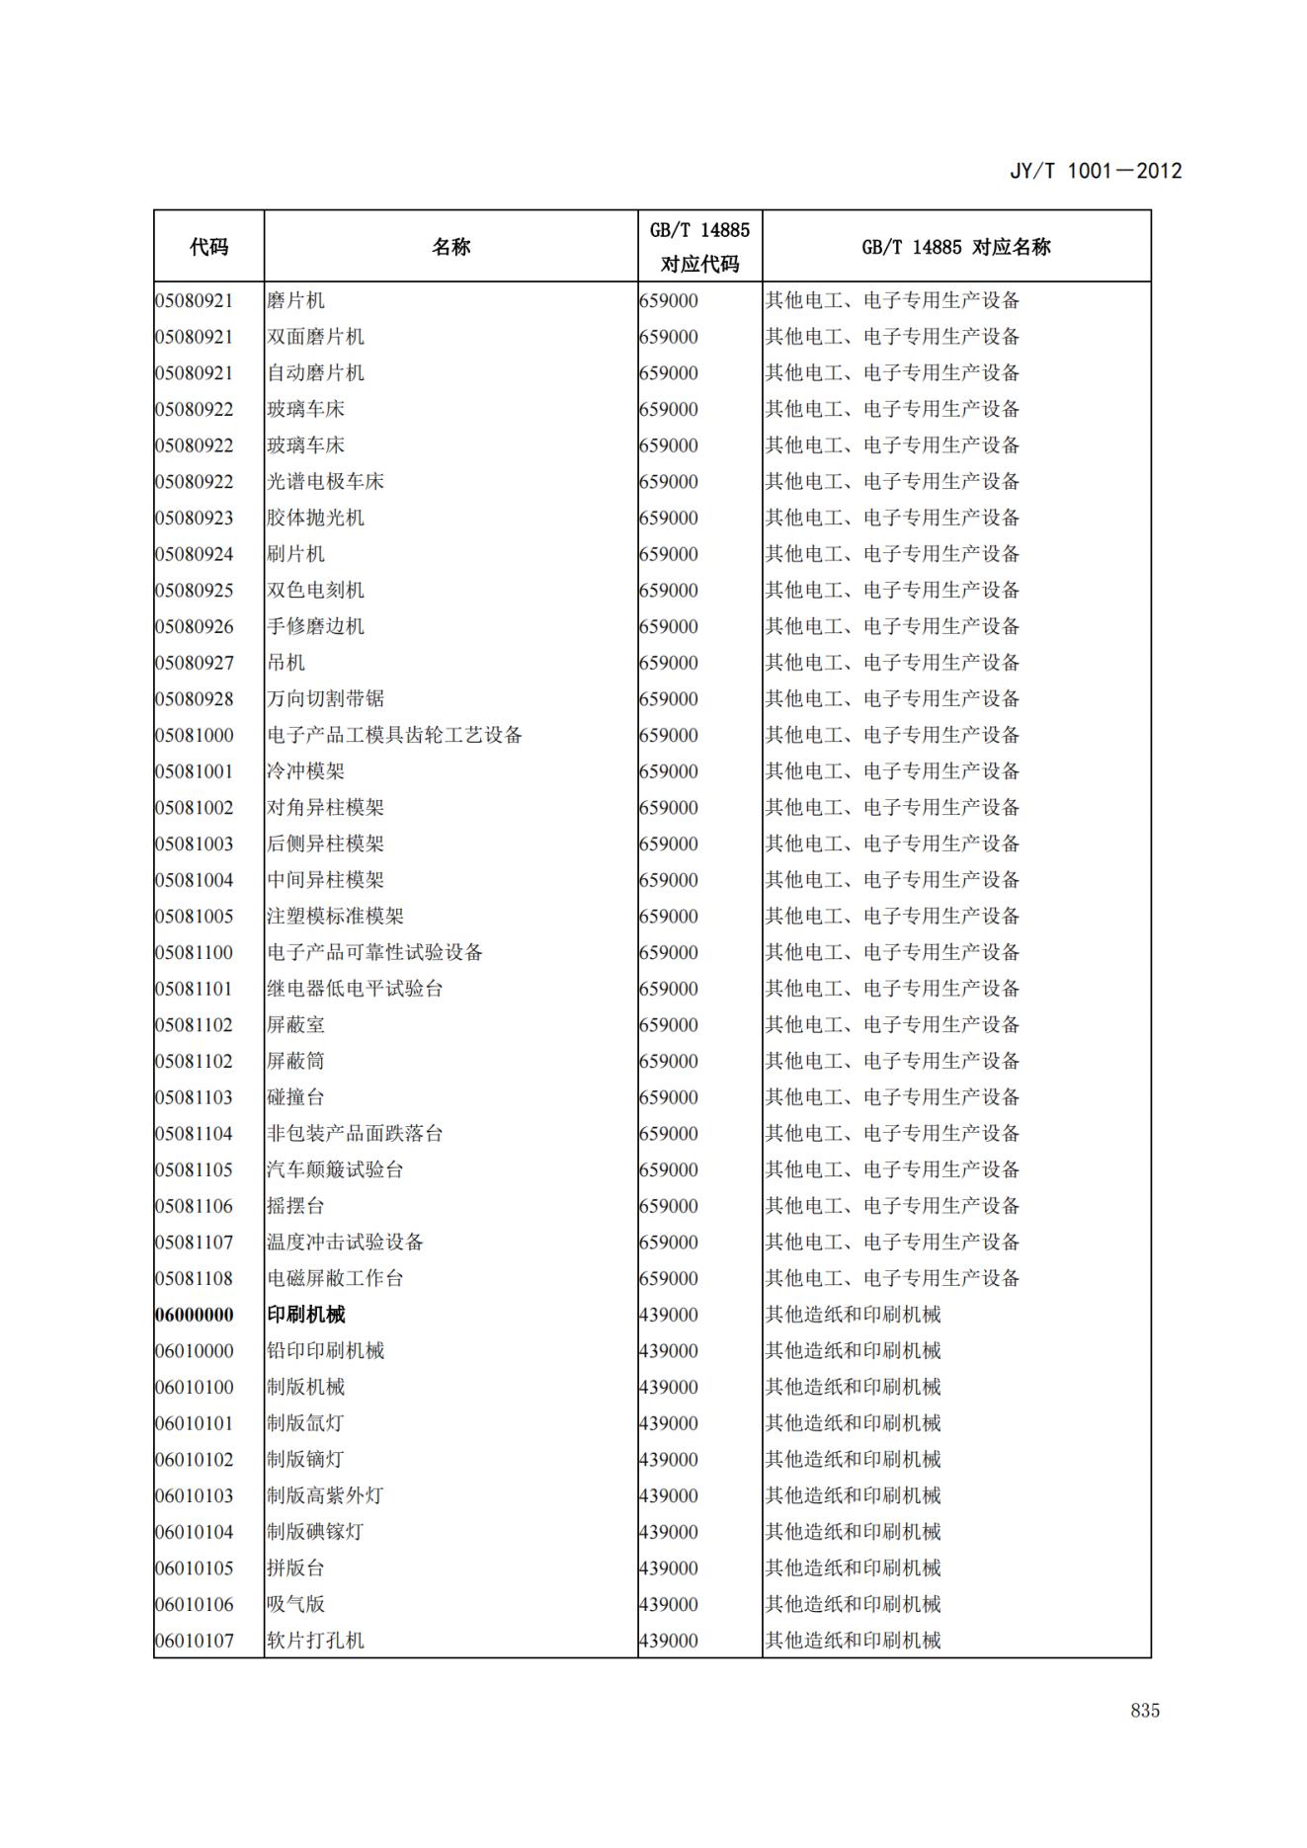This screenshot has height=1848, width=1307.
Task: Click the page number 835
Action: point(1145,1711)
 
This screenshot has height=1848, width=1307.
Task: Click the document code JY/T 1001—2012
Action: point(1096,171)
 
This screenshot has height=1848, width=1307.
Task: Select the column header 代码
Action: point(208,247)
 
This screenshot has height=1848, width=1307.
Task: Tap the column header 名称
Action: point(450,247)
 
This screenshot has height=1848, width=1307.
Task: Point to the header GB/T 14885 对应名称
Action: point(955,247)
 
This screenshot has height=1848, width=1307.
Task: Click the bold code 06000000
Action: point(195,1315)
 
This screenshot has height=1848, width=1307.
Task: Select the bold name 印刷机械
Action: point(306,1315)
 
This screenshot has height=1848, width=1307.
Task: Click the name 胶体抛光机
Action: point(315,518)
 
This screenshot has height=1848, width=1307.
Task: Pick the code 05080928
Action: point(195,699)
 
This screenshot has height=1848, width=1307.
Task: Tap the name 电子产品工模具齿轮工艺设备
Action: point(394,735)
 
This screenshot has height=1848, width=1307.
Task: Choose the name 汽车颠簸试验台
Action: point(335,1169)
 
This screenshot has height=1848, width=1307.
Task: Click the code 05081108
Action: point(195,1278)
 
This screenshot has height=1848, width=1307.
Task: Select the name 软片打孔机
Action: point(315,1641)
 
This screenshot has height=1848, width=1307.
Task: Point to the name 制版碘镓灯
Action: point(315,1532)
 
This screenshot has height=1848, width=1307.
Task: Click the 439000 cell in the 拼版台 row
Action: point(669,1568)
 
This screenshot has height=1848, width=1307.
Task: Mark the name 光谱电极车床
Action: point(325,482)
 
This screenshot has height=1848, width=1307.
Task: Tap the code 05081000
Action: point(195,735)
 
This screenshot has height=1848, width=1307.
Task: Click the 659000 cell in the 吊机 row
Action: point(669,663)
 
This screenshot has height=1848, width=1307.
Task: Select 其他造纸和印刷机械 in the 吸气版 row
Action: point(853,1604)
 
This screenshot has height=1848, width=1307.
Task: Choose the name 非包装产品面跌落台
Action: point(355,1134)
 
